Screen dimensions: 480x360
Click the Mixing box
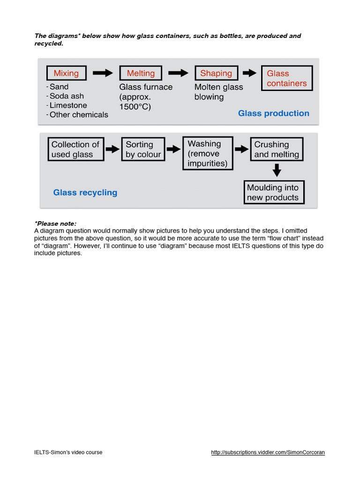pyautogui.click(x=66, y=73)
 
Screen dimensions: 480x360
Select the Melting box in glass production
pyautogui.click(x=141, y=73)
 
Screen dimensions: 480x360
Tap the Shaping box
pyautogui.click(x=216, y=73)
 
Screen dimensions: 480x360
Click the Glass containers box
pyautogui.click(x=286, y=78)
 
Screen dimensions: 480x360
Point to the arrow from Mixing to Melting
pyautogui.click(x=103, y=73)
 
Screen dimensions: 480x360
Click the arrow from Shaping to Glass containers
pyautogui.click(x=249, y=73)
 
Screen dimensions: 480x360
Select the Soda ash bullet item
pyautogui.click(x=67, y=96)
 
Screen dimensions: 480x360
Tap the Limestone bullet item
pyautogui.click(x=68, y=105)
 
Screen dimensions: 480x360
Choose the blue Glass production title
pyautogui.click(x=273, y=113)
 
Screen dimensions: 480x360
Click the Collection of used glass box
pyautogui.click(x=75, y=150)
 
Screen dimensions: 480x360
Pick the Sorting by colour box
pyautogui.click(x=143, y=150)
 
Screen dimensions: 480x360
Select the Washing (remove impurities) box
pyautogui.click(x=207, y=153)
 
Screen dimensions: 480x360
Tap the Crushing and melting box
pyautogui.click(x=277, y=150)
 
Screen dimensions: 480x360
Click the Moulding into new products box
pyautogui.click(x=274, y=193)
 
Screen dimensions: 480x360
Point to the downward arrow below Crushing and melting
pyautogui.click(x=277, y=170)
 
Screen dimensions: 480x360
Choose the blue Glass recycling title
pyautogui.click(x=85, y=193)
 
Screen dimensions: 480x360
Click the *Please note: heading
pyautogui.click(x=55, y=224)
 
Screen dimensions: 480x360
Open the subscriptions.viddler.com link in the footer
pyautogui.click(x=268, y=452)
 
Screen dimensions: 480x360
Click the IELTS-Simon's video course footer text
pyautogui.click(x=68, y=452)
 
